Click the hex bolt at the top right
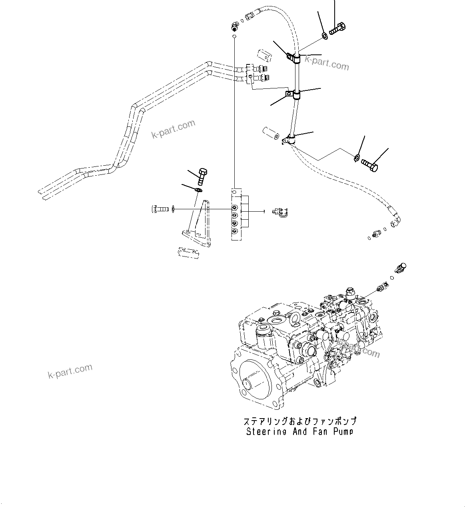click(338, 29)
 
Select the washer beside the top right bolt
click(325, 36)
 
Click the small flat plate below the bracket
click(188, 253)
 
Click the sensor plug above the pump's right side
click(400, 268)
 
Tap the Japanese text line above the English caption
click(299, 421)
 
